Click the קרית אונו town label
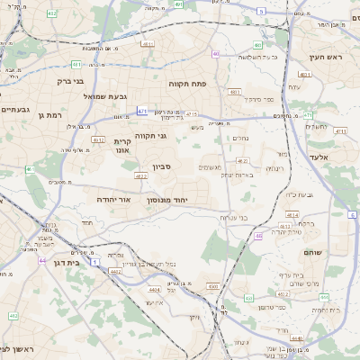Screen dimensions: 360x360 point(123,147)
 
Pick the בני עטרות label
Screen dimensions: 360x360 point(235,216)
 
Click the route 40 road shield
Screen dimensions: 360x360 point(216,54)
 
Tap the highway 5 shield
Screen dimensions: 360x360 point(261,11)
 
